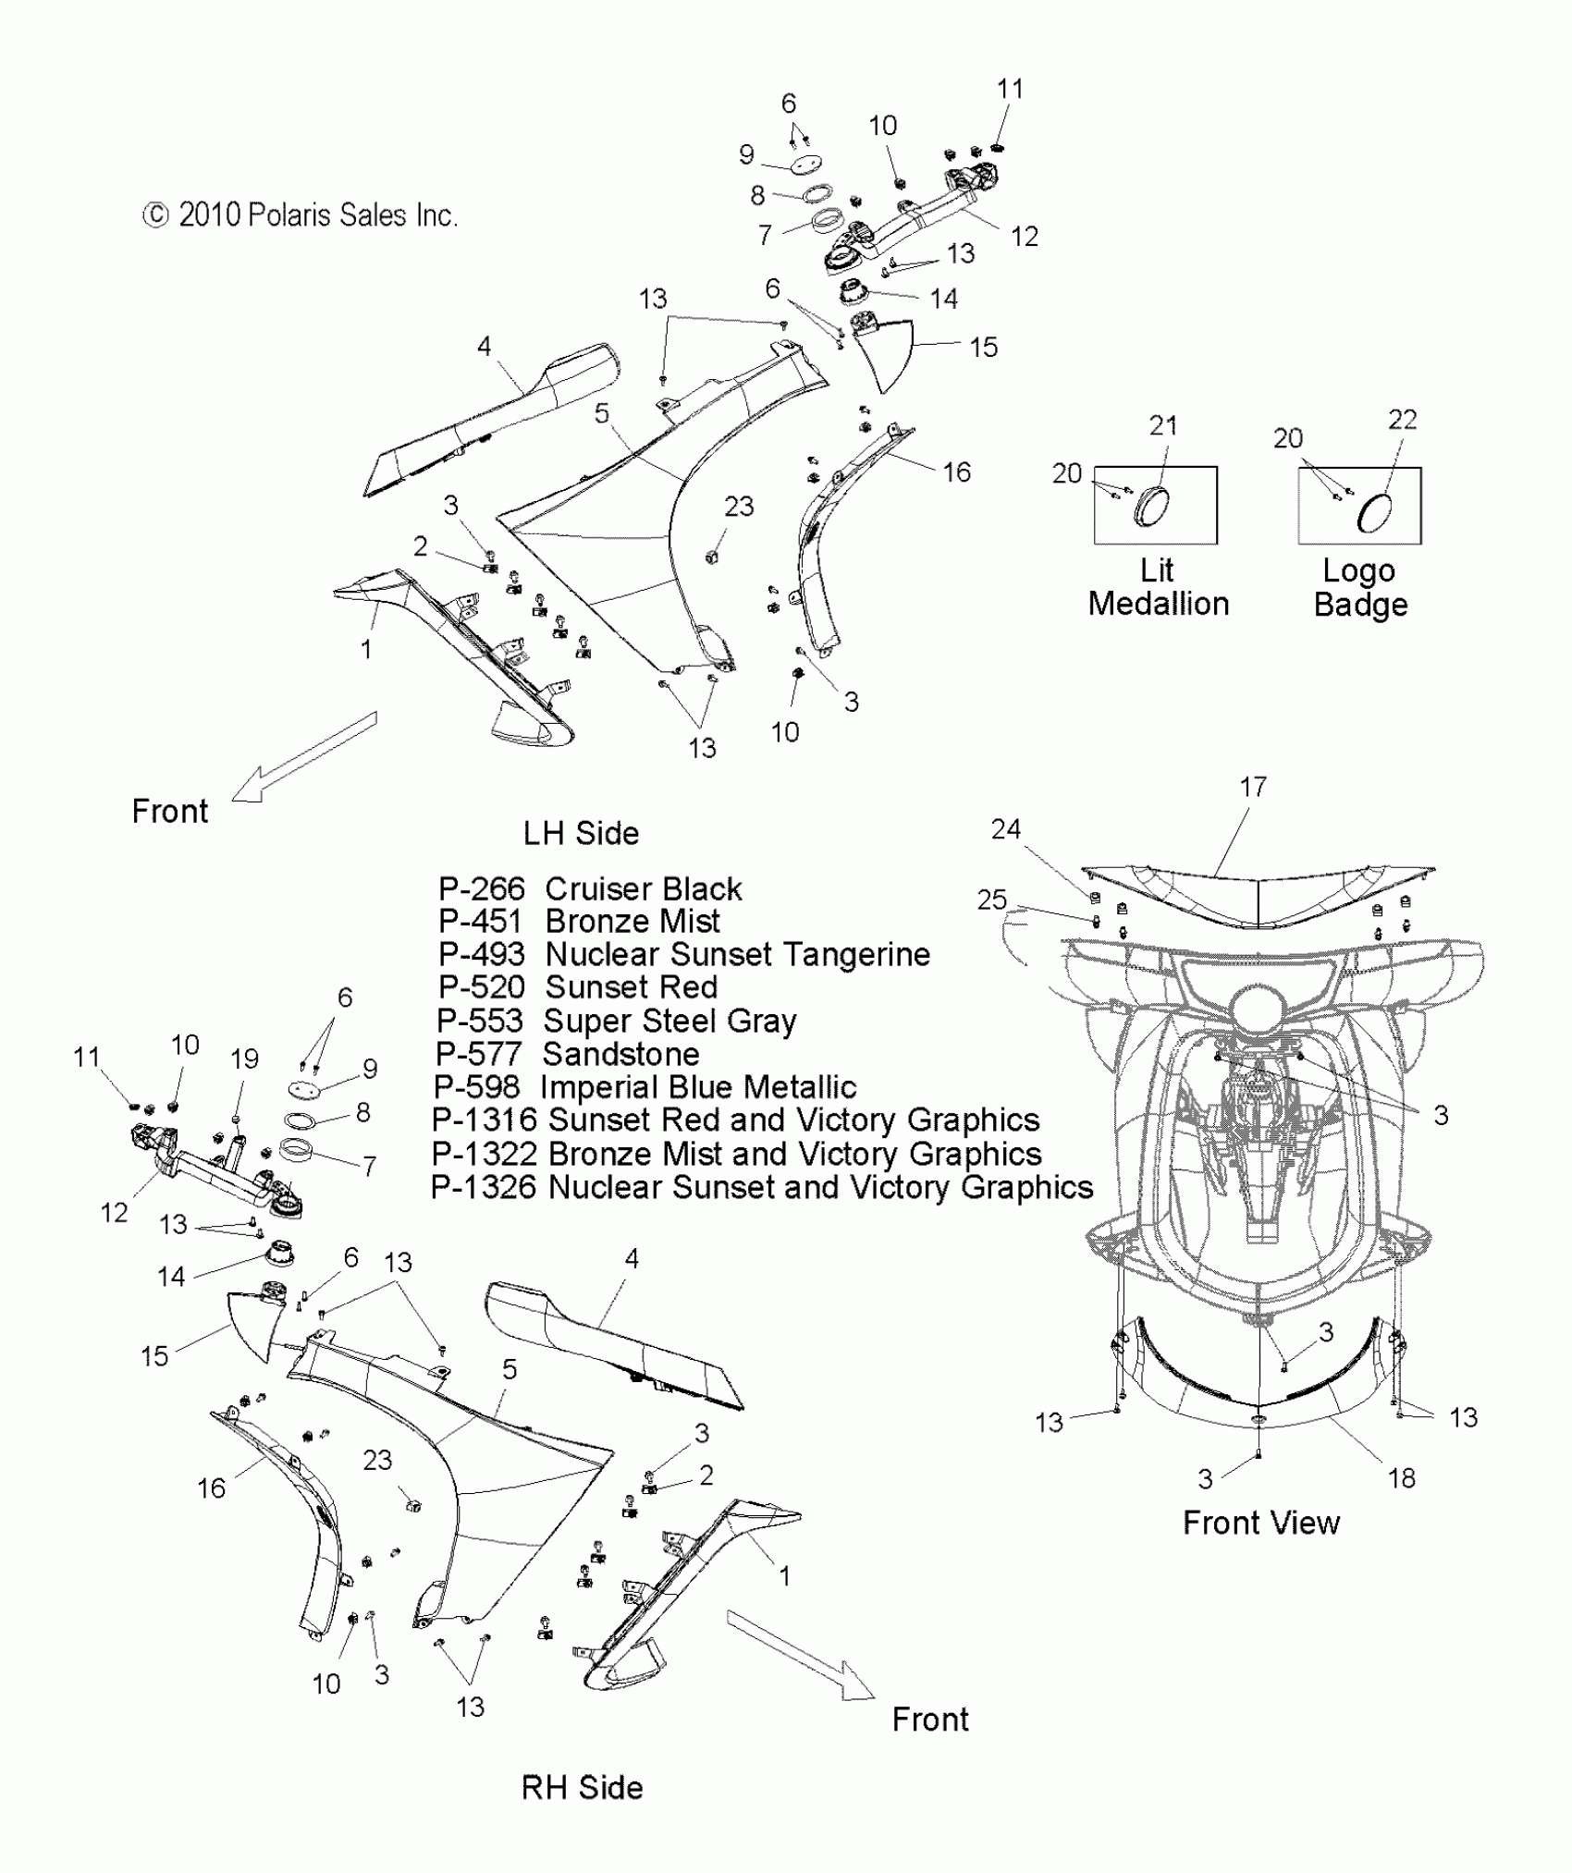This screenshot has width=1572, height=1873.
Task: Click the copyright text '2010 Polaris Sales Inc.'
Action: point(301,215)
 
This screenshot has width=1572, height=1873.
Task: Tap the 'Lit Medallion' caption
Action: point(1158,587)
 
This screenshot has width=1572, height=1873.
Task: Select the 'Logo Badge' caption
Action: point(1359,588)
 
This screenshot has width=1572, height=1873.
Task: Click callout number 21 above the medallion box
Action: point(1162,425)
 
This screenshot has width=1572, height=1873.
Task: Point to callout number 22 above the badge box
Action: point(1402,420)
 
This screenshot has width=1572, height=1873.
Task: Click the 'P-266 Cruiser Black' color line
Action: point(589,889)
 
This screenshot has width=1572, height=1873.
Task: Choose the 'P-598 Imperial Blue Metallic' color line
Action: point(645,1087)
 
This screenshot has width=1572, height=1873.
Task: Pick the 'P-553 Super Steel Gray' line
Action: point(616,1021)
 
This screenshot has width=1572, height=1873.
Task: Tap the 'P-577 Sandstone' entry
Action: point(567,1054)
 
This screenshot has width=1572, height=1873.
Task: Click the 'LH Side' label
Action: point(581,833)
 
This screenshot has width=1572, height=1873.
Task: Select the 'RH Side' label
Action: point(582,1787)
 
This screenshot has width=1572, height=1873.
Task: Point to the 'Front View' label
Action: point(1260,1523)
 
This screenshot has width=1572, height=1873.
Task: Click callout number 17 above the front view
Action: point(1252,787)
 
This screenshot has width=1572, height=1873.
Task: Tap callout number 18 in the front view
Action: point(1401,1478)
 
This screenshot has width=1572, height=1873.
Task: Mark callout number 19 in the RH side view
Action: point(244,1059)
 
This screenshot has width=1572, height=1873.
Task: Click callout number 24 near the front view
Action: point(1005,829)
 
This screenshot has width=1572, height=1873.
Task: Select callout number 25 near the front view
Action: point(991,900)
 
